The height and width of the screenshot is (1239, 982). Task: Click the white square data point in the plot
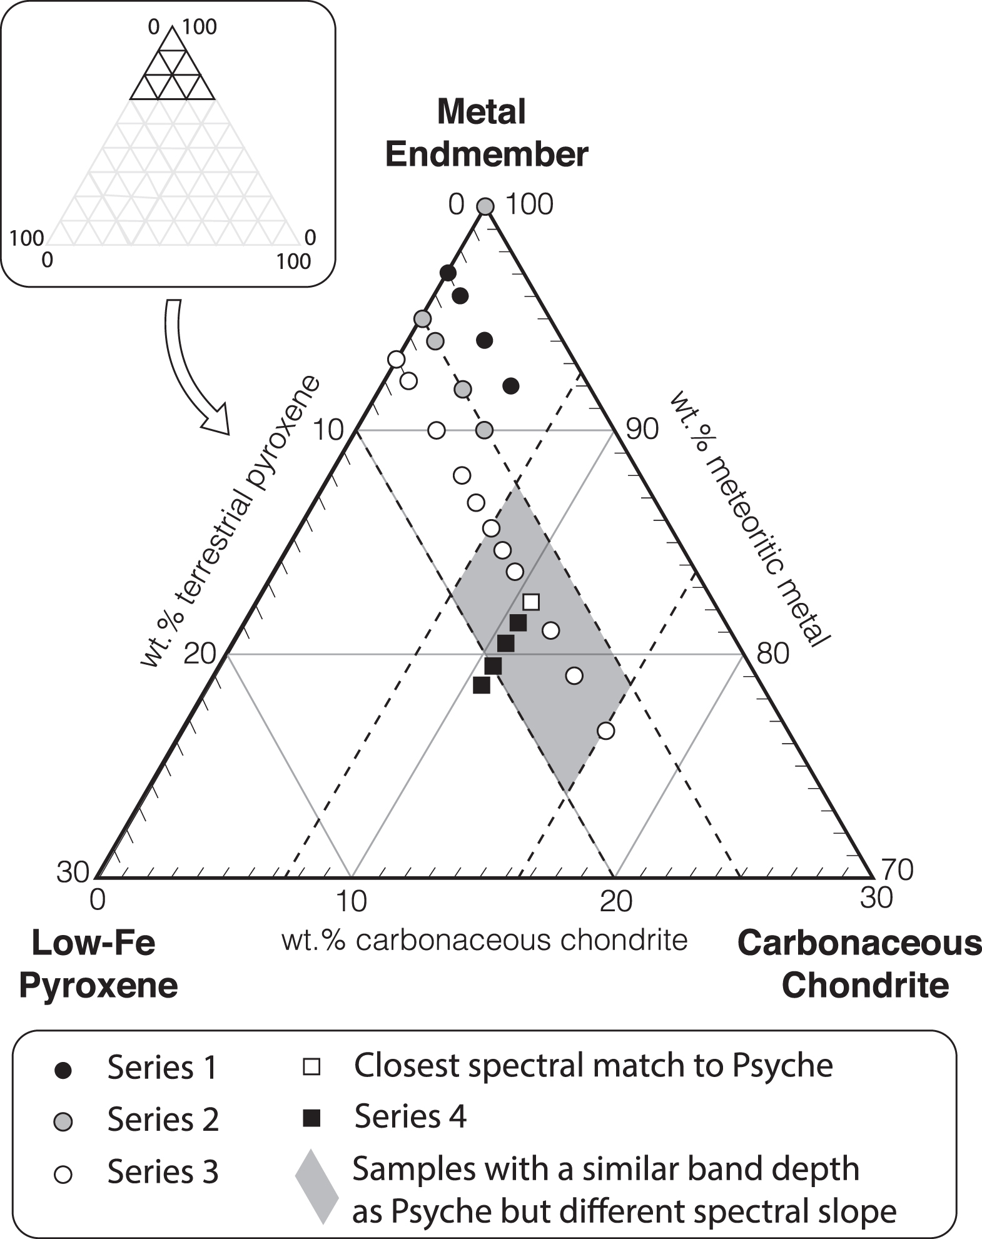click(x=531, y=602)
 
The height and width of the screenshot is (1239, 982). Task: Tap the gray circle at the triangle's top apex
click(x=485, y=206)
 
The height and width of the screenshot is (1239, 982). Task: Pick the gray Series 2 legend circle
click(x=63, y=1122)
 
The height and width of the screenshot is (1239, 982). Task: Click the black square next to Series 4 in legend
click(x=311, y=1118)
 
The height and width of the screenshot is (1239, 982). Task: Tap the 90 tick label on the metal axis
click(x=642, y=430)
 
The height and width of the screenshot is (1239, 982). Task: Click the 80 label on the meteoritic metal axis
click(x=773, y=654)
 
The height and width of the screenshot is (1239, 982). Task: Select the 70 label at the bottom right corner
click(x=897, y=869)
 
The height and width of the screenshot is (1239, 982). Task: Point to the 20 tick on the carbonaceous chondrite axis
click(x=615, y=901)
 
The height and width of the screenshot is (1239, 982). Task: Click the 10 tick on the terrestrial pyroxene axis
click(x=328, y=430)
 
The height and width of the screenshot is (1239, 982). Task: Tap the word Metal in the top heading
click(x=482, y=112)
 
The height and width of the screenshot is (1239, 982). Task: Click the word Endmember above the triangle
click(x=487, y=154)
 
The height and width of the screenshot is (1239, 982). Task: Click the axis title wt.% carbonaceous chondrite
click(x=485, y=940)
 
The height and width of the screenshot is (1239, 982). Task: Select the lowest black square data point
click(x=481, y=685)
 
